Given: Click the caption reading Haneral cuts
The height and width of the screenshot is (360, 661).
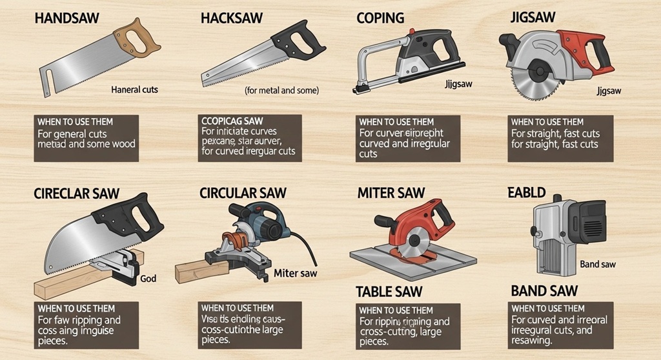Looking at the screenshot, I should pyautogui.click(x=134, y=89).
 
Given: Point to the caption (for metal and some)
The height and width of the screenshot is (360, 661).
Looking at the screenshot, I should pyautogui.click(x=282, y=91).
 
